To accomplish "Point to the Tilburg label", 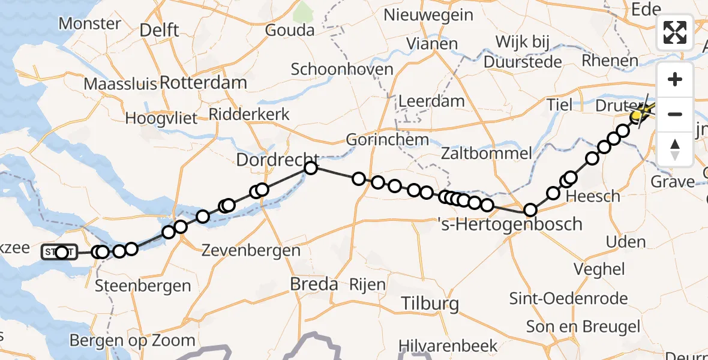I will pyautogui.click(x=430, y=303).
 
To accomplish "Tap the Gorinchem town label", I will pyautogui.click(x=388, y=140).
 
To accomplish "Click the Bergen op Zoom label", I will pyautogui.click(x=133, y=341).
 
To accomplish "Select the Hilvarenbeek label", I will pyautogui.click(x=449, y=346).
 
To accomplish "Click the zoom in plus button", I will pyautogui.click(x=675, y=79).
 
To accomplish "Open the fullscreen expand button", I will pyautogui.click(x=675, y=32).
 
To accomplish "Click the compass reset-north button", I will pyautogui.click(x=675, y=149).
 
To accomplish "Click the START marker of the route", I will pyautogui.click(x=59, y=252).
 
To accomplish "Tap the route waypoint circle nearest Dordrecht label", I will pyautogui.click(x=310, y=167).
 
